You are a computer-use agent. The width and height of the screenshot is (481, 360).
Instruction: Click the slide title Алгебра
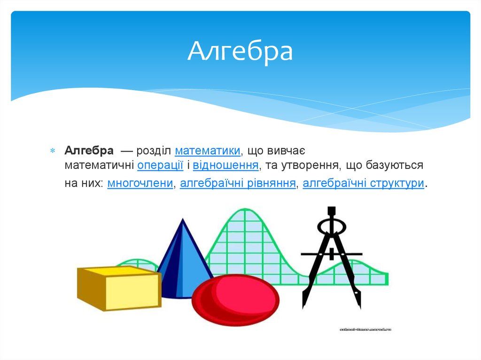click(x=240, y=52)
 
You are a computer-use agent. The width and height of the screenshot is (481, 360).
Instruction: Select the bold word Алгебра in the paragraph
click(x=89, y=151)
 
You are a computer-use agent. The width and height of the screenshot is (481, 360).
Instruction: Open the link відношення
click(x=226, y=166)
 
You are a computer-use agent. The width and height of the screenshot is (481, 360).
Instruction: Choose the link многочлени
click(x=140, y=184)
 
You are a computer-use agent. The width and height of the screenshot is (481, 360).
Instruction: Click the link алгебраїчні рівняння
click(x=238, y=184)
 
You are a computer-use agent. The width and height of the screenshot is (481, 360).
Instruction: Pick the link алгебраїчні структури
click(x=364, y=184)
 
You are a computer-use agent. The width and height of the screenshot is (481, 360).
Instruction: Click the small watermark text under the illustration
click(x=365, y=329)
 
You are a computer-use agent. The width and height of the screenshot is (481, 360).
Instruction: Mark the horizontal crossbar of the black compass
click(x=331, y=253)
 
